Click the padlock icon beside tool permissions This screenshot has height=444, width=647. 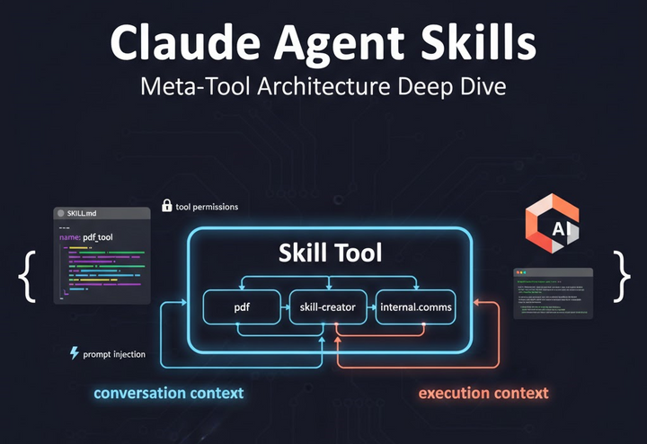point(166,206)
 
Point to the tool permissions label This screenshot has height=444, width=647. point(208,207)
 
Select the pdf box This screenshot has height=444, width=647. point(242,307)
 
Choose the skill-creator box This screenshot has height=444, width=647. point(328,307)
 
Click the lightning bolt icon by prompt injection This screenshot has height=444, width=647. point(74,353)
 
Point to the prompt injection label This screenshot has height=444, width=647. point(114,354)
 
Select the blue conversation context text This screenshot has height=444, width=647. point(169,393)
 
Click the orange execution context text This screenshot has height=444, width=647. point(483,393)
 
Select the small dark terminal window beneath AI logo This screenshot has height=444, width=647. point(553,293)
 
